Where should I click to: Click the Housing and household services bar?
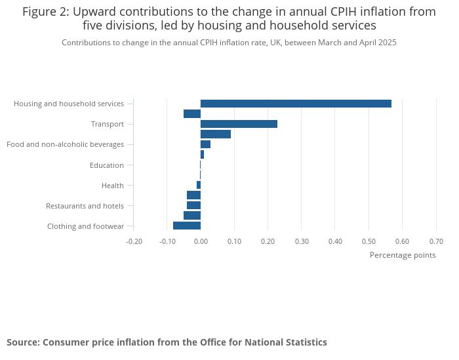pos(296,104)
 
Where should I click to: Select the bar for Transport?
pos(239,124)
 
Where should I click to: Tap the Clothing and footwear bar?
pos(187,226)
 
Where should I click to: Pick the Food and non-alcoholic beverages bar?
pos(205,144)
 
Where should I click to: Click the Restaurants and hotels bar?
pos(193,205)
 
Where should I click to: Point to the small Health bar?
pos(199,185)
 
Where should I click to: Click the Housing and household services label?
pos(69,104)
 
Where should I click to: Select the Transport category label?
pos(108,124)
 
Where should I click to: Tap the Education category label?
pos(107,165)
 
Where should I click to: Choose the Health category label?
pos(113,186)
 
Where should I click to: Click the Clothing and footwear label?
pos(85,226)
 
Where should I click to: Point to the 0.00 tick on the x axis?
pos(201,241)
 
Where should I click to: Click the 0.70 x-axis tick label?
pos(436,241)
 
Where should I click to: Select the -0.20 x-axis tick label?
pos(134,241)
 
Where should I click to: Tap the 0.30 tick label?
pos(302,241)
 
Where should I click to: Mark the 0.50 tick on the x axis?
pos(369,241)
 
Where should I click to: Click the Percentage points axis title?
pos(403,255)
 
